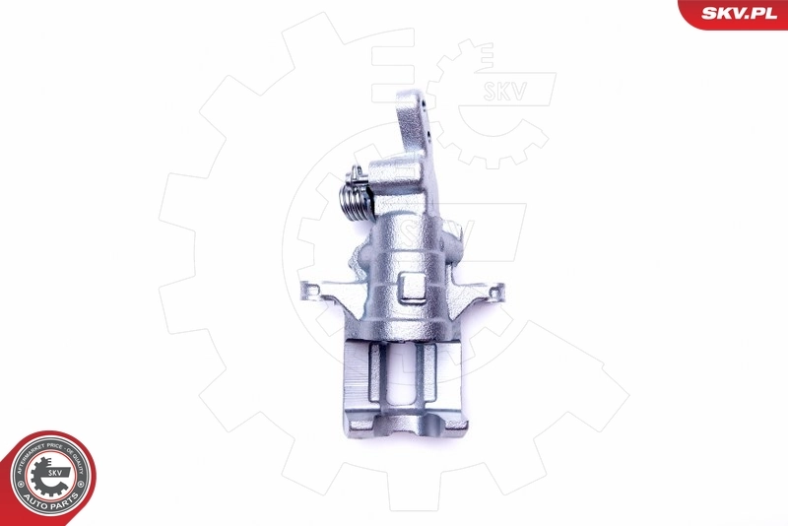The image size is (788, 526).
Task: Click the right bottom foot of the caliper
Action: [449, 423]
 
